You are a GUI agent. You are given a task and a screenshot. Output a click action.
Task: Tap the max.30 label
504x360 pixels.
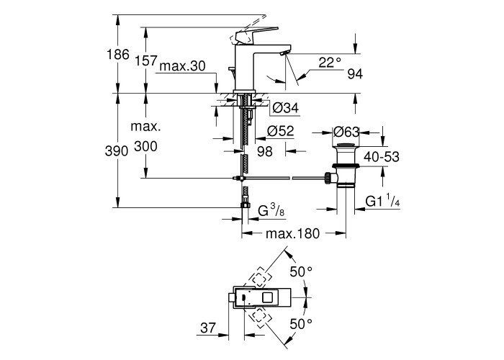(x=183, y=66)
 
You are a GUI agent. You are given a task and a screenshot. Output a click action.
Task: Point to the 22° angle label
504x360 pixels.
(x=330, y=63)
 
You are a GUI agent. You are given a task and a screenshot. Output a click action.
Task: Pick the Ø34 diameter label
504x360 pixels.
(x=286, y=109)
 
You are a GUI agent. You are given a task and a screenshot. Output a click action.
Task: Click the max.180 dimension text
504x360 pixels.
(x=292, y=234)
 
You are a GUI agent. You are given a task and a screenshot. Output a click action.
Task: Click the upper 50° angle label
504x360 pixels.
(x=300, y=272)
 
